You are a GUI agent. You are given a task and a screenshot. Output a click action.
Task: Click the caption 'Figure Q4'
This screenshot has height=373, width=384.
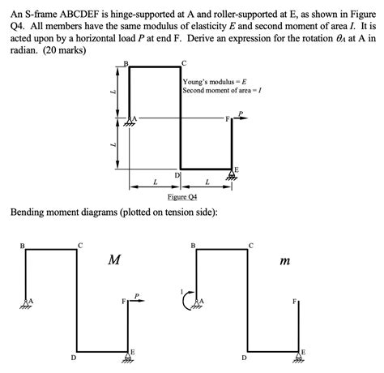click(x=181, y=197)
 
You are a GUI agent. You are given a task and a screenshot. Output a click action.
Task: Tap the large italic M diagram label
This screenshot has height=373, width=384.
click(x=114, y=260)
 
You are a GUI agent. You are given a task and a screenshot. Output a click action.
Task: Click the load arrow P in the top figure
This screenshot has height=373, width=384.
click(x=241, y=115)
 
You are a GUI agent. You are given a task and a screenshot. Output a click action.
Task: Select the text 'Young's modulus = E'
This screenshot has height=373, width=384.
click(x=214, y=82)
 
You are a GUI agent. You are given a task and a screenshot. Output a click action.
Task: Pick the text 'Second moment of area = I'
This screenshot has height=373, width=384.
click(x=223, y=91)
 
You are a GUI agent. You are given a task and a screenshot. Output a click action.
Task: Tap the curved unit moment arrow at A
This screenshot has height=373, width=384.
click(x=186, y=302)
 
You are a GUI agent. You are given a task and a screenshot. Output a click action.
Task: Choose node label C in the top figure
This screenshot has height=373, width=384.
click(x=184, y=63)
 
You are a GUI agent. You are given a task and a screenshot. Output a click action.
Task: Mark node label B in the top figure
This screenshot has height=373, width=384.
click(x=126, y=63)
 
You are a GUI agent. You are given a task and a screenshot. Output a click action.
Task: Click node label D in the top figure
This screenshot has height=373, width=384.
click(x=177, y=175)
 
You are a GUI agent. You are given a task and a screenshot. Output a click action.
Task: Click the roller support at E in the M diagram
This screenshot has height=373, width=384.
click(x=128, y=355)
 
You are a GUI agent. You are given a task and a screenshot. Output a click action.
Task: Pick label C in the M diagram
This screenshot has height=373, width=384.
click(x=79, y=244)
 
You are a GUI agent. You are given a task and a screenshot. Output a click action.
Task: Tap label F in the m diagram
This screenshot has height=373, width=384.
click(x=294, y=302)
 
